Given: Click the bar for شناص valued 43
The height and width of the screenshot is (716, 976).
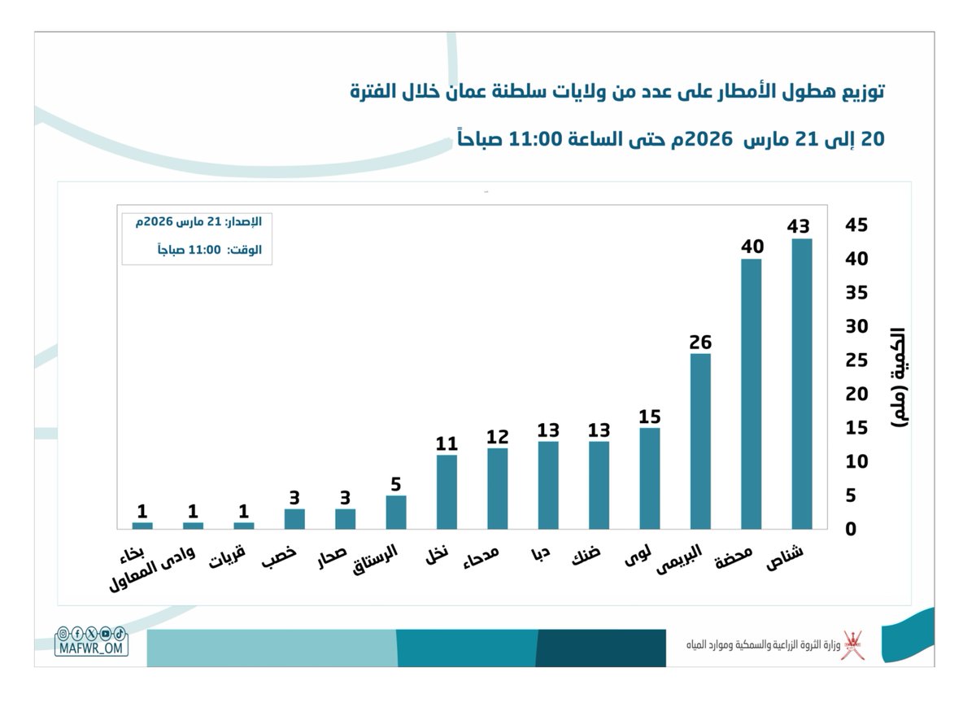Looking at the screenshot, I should click(801, 383).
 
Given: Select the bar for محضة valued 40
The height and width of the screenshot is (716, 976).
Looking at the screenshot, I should click(751, 394).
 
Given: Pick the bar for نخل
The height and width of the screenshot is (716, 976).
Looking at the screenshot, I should click(447, 491).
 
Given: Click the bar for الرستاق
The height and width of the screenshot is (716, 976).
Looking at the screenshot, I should click(396, 512).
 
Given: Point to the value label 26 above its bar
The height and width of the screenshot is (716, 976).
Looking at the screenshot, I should click(700, 343).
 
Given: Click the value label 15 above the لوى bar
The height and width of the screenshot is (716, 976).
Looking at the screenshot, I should click(650, 417).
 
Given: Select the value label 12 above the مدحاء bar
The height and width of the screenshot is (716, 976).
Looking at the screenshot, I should click(497, 437).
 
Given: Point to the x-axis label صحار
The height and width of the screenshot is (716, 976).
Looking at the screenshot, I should click(333, 555).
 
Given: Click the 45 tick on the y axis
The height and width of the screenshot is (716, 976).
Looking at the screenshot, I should click(859, 225).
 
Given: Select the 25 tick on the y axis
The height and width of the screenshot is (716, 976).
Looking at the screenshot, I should click(859, 360).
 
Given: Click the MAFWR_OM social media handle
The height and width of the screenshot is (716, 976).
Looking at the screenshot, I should click(91, 648).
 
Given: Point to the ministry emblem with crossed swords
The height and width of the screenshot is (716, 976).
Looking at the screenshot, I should click(852, 644).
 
